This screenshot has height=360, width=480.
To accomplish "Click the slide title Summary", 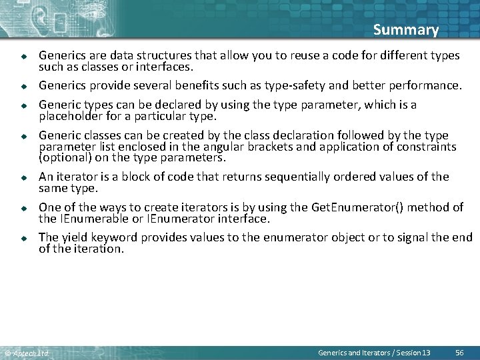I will [x=405, y=30].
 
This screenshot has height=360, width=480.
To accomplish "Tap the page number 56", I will [x=459, y=352].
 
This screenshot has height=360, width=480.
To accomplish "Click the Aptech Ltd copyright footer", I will [x=27, y=353].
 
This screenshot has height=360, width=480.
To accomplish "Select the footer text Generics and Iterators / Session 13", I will [x=374, y=352].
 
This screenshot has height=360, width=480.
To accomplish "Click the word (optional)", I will [x=65, y=158].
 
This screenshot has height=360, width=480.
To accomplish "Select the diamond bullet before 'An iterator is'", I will [x=22, y=178].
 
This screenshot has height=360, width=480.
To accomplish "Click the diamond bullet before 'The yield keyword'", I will [x=22, y=239].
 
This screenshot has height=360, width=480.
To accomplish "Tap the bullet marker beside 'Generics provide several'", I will [x=22, y=87].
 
